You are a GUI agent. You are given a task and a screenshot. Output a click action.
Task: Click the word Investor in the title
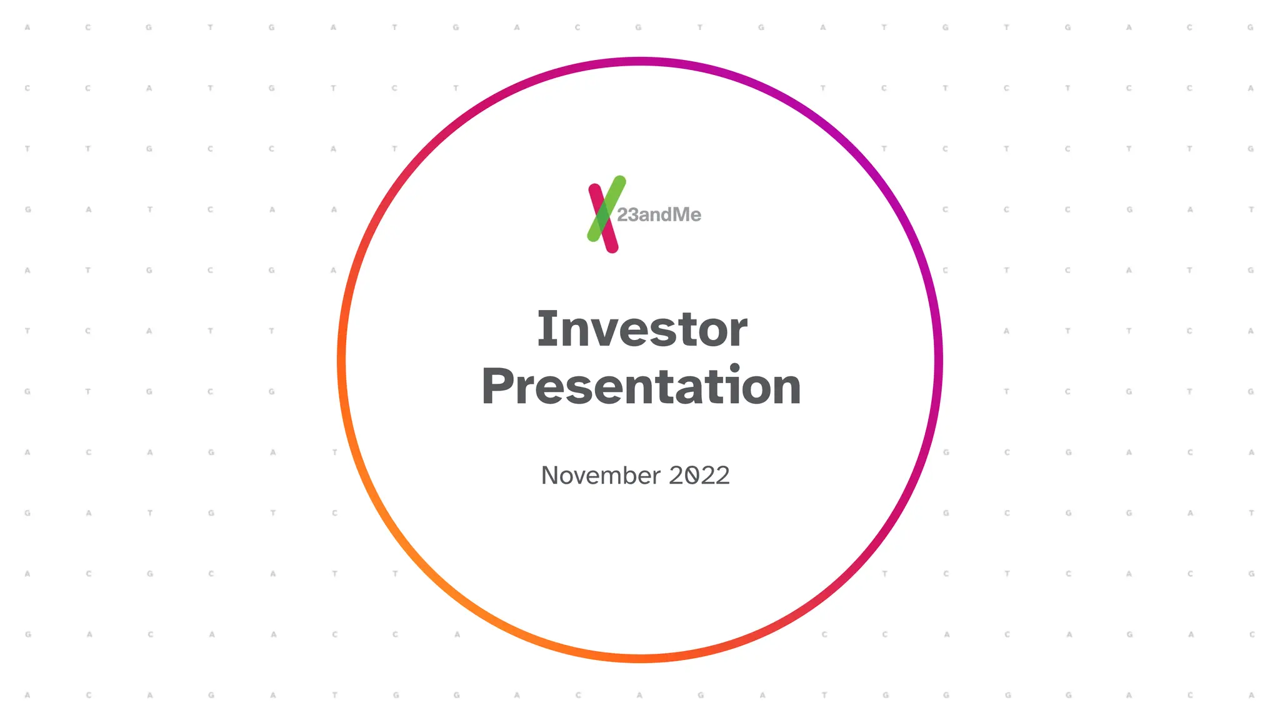pos(642,329)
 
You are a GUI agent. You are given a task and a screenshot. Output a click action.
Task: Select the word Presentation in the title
pos(641,386)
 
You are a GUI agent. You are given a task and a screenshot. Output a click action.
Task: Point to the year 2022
pos(699,476)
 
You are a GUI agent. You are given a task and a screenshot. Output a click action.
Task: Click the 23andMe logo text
pos(659,215)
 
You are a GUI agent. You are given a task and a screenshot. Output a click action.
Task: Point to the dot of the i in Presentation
pos(734,367)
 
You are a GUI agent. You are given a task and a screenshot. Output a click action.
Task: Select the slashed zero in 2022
pos(691,476)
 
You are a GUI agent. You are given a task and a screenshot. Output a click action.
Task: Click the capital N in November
pos(550,476)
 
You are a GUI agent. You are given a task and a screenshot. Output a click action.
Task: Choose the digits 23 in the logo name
pos(627,215)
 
